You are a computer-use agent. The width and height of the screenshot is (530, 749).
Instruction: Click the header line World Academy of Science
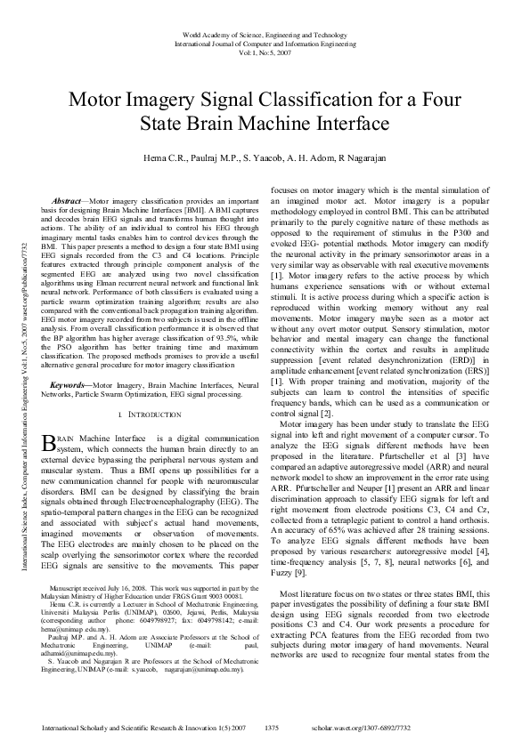[265, 32]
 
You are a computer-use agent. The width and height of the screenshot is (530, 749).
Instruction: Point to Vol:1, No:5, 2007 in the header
[265, 51]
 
